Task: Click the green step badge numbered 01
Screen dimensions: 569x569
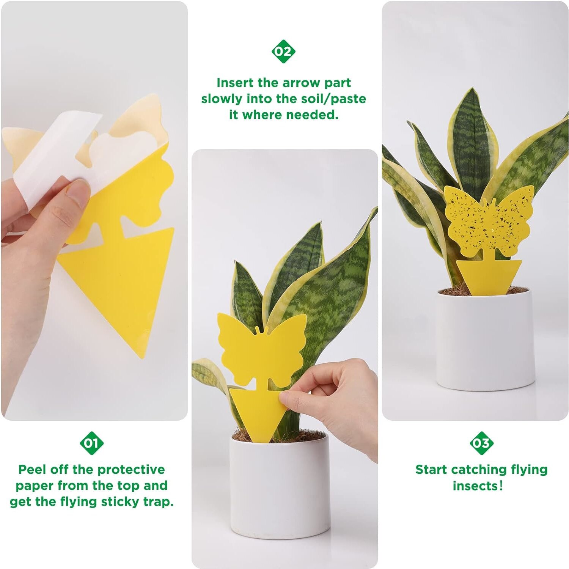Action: [x=91, y=443]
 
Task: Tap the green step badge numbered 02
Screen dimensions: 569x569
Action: [x=283, y=51]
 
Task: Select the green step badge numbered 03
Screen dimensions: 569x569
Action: [x=481, y=443]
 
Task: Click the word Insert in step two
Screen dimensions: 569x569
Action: [x=235, y=83]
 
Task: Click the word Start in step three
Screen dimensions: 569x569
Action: [x=431, y=470]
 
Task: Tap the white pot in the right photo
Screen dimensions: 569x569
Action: [x=485, y=341]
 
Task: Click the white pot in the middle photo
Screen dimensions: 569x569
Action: [x=280, y=493]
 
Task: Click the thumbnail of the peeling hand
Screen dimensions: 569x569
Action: [x=78, y=190]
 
